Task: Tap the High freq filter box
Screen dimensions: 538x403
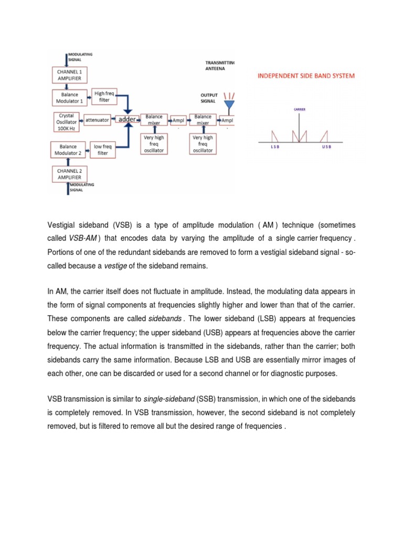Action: (x=103, y=97)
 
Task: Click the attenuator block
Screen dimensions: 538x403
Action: (x=97, y=120)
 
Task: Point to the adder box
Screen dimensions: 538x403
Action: (x=126, y=120)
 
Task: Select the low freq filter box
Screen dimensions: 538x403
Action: (x=103, y=150)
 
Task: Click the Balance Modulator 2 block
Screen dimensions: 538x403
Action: (x=68, y=150)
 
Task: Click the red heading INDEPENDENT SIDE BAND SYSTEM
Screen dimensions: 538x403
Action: (x=305, y=76)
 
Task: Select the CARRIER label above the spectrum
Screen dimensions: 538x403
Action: (x=299, y=110)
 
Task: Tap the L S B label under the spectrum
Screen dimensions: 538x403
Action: (x=274, y=147)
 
